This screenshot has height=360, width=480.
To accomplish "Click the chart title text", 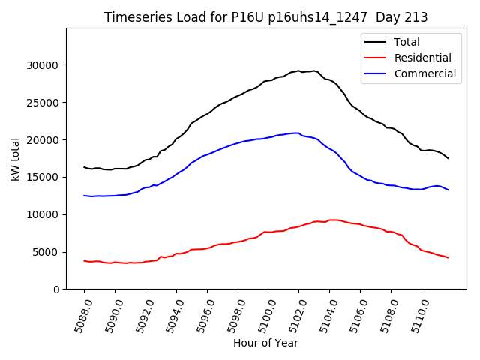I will point(265,17).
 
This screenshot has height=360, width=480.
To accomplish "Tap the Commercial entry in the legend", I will point(424,73).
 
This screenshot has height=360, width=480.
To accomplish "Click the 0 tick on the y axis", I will point(57,289).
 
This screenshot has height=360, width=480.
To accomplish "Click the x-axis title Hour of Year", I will point(265,343).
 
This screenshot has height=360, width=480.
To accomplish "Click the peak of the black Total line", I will point(298,70).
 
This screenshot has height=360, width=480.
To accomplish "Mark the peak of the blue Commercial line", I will point(297,133).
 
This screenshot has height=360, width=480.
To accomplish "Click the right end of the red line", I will point(448,258).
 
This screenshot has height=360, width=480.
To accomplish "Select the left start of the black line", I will point(84,167).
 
